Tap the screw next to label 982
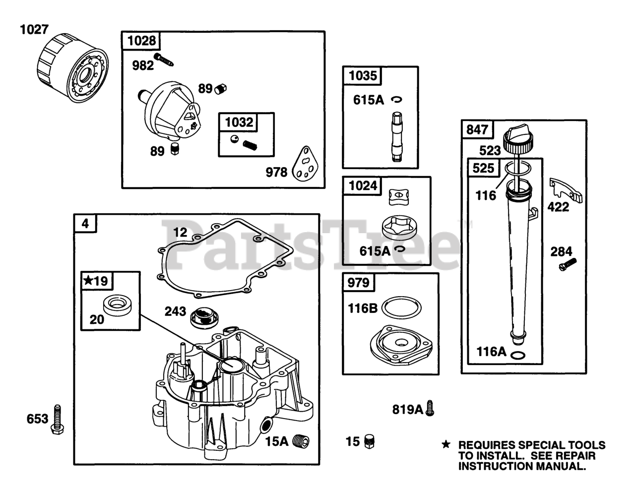(164, 60)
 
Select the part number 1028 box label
(142, 41)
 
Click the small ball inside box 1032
(234, 139)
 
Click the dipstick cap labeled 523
(518, 137)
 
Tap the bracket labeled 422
(566, 190)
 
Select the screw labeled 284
(568, 264)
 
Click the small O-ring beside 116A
(518, 355)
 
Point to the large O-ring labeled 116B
(401, 307)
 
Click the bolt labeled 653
(57, 420)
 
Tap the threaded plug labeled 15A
(301, 441)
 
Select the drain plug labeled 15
(370, 441)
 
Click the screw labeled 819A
(430, 408)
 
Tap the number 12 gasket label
(180, 233)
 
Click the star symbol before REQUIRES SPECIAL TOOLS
(446, 444)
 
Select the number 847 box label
(477, 129)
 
